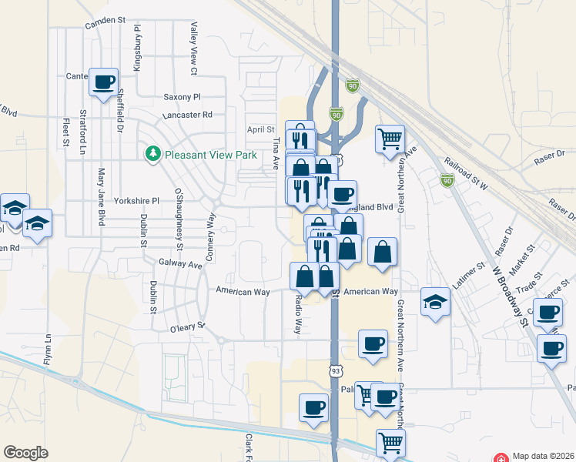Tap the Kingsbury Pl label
(x=138, y=48)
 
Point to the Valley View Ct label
(x=194, y=50)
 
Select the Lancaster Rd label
(x=187, y=115)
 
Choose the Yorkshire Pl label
(x=136, y=201)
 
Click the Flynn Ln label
(x=48, y=350)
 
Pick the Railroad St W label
(x=467, y=173)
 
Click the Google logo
(x=26, y=453)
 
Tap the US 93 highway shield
(x=336, y=372)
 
